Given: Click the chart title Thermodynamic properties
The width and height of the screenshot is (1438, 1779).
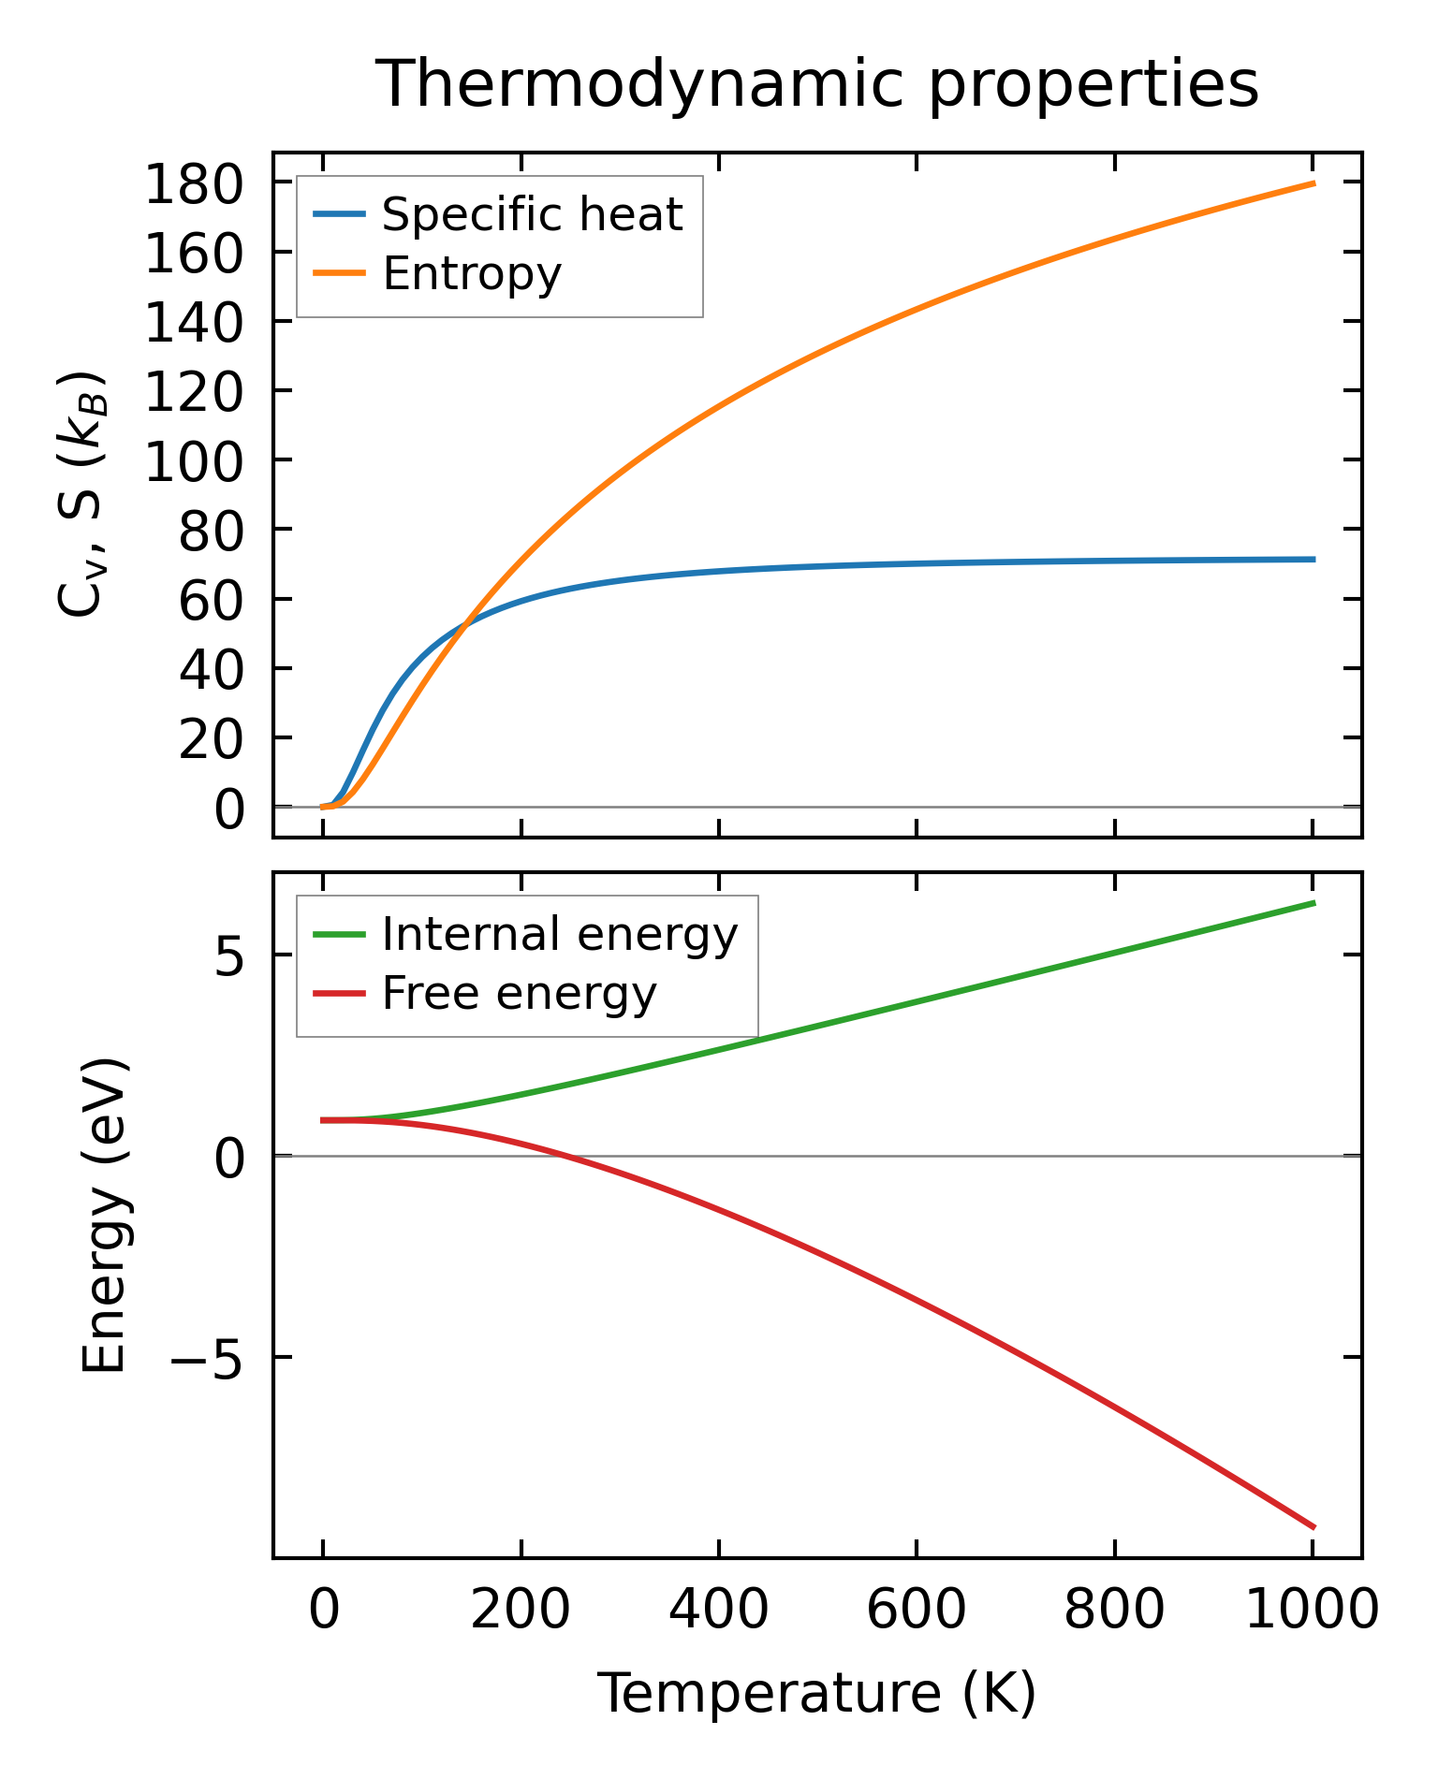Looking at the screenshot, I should click(816, 85).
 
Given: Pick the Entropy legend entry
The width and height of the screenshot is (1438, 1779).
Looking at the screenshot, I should click(471, 274).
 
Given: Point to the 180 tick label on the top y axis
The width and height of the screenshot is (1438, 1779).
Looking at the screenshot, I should click(194, 184).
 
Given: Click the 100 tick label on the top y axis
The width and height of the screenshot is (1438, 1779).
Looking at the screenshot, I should click(194, 461).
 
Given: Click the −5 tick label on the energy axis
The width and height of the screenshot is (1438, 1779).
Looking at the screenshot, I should click(209, 1358).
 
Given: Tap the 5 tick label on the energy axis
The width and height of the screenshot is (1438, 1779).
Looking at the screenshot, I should click(229, 956).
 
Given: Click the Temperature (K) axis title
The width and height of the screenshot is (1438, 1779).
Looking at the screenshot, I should click(816, 1694).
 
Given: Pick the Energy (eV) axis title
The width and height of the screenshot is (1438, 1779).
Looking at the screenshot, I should click(104, 1216).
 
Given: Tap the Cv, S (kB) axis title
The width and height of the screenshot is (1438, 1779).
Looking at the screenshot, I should click(82, 495).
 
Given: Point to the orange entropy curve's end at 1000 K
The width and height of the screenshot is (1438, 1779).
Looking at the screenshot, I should click(1313, 183).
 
